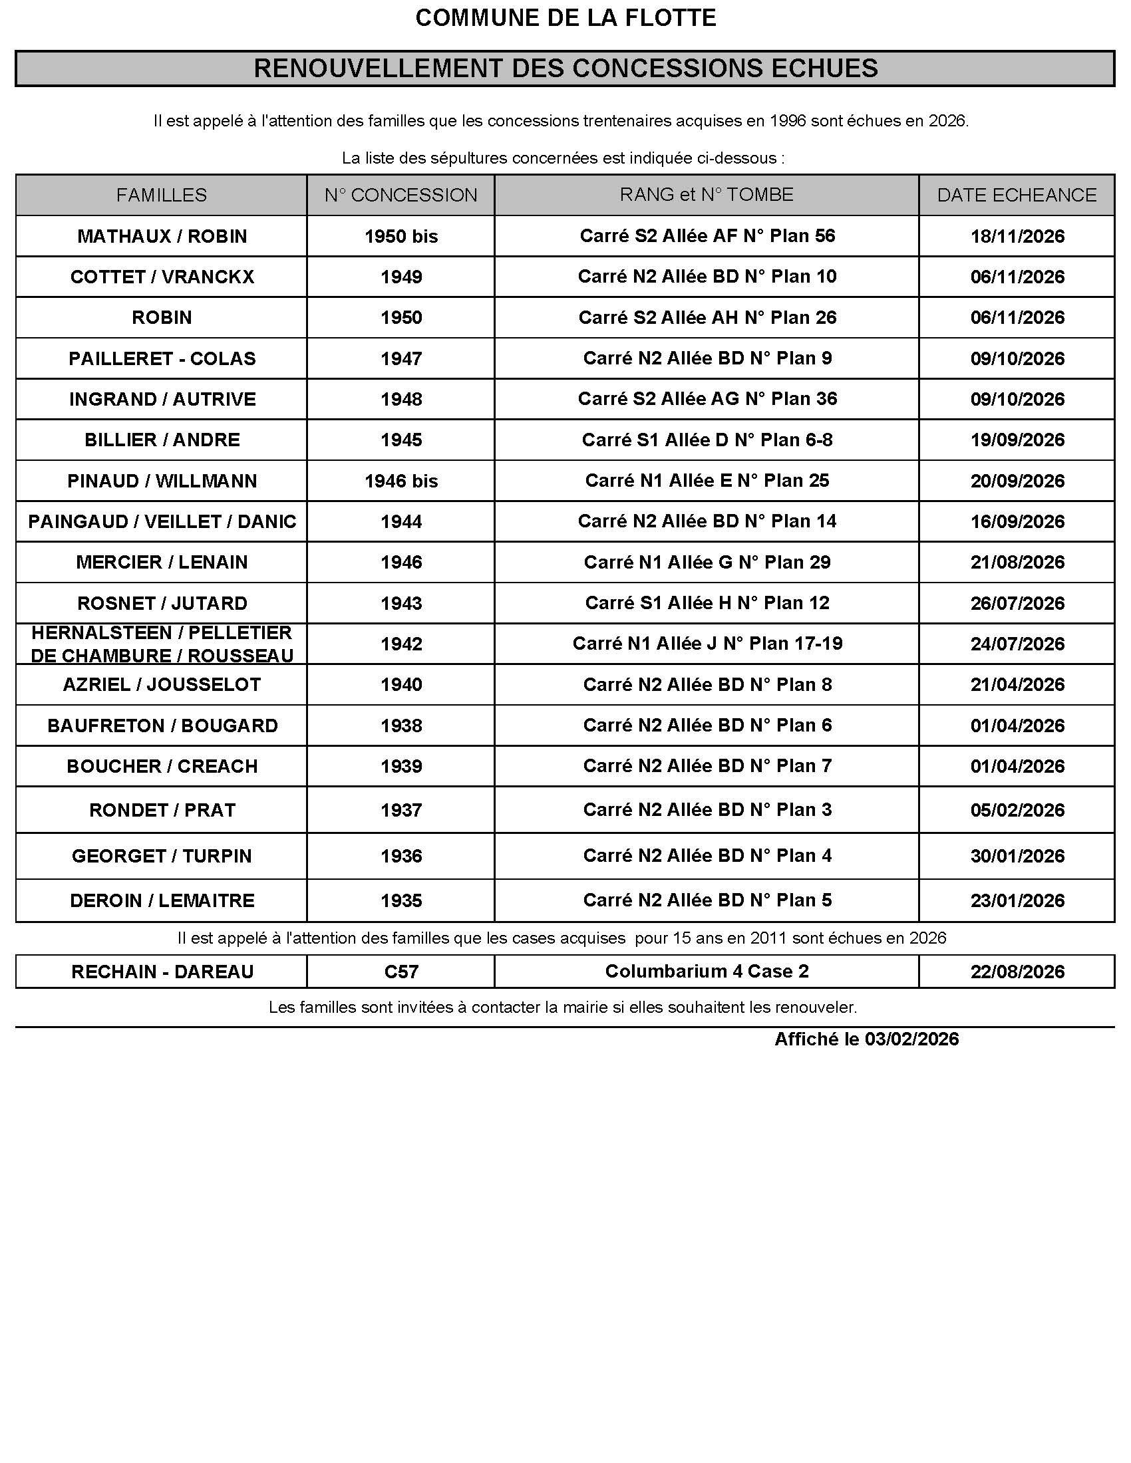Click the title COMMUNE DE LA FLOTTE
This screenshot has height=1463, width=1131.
point(565,18)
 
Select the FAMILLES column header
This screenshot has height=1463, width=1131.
point(162,195)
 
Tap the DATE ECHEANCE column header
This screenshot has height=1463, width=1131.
point(1017,195)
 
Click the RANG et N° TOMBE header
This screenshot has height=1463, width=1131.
point(706,194)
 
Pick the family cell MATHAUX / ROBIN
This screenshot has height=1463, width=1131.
point(162,236)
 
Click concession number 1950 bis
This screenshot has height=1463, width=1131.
point(401,236)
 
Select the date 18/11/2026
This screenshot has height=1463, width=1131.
point(1017,236)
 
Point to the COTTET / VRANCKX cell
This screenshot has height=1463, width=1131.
point(162,277)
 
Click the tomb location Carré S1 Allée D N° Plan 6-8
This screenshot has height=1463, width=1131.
point(707,440)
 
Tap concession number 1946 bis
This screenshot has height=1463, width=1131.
point(401,481)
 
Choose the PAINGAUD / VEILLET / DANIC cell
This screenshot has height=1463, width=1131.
point(162,521)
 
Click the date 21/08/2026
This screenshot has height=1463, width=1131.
point(1017,562)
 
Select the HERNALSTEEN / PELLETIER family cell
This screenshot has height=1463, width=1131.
point(162,644)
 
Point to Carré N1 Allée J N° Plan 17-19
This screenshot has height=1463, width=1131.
point(707,643)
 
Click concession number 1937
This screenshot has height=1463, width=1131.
point(401,810)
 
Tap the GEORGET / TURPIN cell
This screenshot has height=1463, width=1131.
point(162,855)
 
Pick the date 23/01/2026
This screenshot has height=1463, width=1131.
point(1017,900)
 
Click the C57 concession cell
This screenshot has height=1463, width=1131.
point(401,972)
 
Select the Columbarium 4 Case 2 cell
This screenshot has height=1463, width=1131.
point(707,971)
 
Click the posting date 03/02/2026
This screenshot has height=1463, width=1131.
point(911,1039)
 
